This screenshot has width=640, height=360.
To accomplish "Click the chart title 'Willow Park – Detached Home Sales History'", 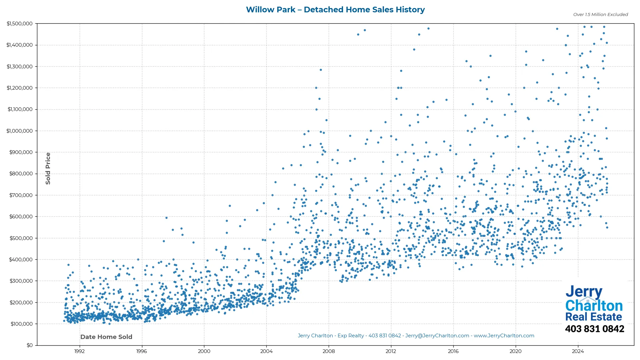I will pos(335,10).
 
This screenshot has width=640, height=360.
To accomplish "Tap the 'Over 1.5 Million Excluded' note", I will pos(600,15).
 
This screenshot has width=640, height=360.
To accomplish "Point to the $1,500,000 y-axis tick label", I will pos(20,24).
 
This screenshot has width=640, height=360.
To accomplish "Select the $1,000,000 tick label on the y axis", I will pos(20,131).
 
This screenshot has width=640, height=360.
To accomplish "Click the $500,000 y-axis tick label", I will pos(21,238).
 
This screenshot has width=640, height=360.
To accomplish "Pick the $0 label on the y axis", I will pos(30,345).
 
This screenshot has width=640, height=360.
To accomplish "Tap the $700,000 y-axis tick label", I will pos(21,195).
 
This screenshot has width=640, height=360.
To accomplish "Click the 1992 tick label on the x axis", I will pos(79,351).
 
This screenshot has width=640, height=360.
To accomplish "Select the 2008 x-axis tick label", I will pos(329,351).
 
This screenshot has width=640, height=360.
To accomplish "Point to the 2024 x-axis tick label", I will pos(578,351).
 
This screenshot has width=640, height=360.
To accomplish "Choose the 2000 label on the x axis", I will pos(204,351).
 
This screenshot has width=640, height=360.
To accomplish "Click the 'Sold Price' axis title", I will pos(48,168).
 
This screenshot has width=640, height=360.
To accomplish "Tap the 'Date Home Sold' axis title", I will pos(106,337).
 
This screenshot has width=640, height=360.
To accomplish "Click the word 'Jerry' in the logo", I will pos(584,292).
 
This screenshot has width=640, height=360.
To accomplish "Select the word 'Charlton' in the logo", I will pos(594,306).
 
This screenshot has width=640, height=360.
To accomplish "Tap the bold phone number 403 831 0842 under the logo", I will pos(595,329).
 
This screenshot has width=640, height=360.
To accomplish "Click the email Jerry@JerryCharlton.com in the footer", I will pos(437,336).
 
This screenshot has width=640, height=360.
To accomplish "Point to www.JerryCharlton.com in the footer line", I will pos(504,336).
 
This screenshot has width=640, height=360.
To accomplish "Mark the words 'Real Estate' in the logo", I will pos(594,317).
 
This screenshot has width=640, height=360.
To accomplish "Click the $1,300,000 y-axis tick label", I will pos(20,67).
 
